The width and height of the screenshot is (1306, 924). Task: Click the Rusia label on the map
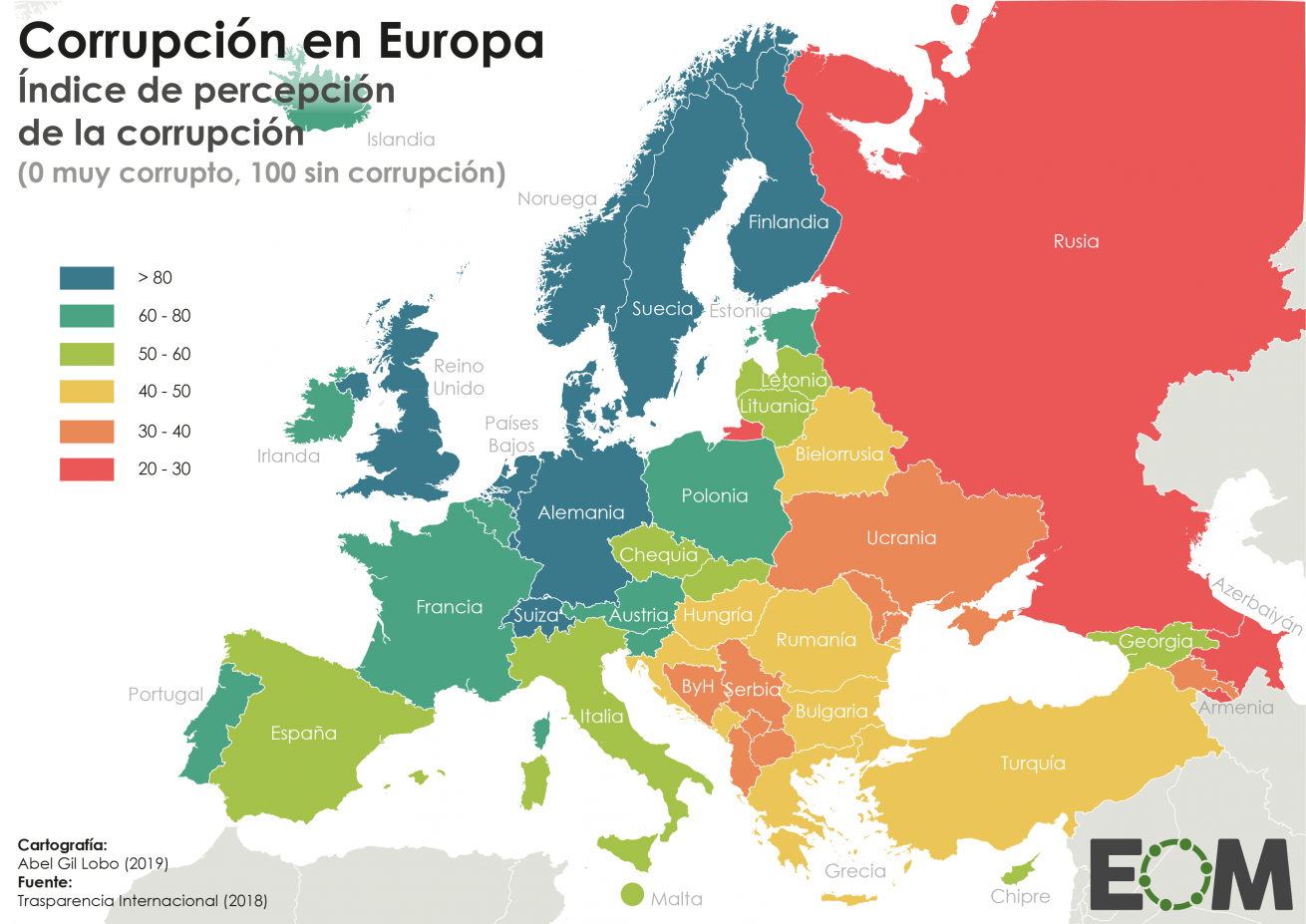point(1076,241)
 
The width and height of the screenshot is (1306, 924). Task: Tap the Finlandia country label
point(788,222)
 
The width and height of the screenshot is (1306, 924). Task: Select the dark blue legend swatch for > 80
point(87,278)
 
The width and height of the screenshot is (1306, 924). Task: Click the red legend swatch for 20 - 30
point(87,469)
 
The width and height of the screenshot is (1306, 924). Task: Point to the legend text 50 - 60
point(164,354)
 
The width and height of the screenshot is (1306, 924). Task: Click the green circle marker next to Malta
point(632,894)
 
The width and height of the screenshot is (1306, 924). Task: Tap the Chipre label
point(1020,896)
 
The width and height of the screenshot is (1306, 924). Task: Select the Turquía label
point(1033,764)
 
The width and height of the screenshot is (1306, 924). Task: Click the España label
point(303,734)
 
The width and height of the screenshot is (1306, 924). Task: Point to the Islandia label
point(401,140)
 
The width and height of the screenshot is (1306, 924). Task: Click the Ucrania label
point(901,538)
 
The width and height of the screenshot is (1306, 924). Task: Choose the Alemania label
point(581,513)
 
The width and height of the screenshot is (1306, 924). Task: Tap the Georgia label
point(1154,642)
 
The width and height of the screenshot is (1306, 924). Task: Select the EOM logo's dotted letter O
point(1176,874)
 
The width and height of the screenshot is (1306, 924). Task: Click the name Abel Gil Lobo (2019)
point(93,863)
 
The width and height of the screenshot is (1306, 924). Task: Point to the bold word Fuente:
point(45,882)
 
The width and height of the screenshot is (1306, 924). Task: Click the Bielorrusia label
point(839,455)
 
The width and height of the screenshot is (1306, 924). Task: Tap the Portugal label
point(165,695)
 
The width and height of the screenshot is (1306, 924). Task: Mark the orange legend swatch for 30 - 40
point(87,432)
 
